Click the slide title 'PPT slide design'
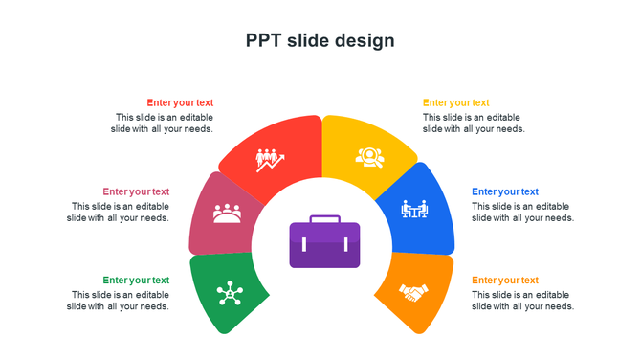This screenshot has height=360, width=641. coord(320,40)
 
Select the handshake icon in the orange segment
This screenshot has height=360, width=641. coord(413,292)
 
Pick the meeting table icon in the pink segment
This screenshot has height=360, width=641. coord(227,213)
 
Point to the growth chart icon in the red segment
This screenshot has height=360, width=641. coord(271,159)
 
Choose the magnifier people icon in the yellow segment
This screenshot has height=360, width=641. coord(370,156)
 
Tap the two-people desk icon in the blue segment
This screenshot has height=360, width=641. coord(414,208)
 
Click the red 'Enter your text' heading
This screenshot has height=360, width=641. coord(180,102)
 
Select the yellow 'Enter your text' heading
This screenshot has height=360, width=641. coord(455,102)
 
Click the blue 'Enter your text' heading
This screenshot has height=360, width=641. coord(504,191)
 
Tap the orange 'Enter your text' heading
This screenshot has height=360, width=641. coord(504,281)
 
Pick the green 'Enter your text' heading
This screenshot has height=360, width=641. coord(136,281)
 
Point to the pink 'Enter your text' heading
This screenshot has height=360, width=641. coord(136,191)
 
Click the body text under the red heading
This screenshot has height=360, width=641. coord(162,123)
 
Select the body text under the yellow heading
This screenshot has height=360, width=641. coord(474,123)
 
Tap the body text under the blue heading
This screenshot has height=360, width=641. coord(522,212)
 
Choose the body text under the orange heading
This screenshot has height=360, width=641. coord(522,301)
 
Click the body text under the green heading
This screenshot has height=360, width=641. coord(118,301)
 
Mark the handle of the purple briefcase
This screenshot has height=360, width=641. coord(324,219)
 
